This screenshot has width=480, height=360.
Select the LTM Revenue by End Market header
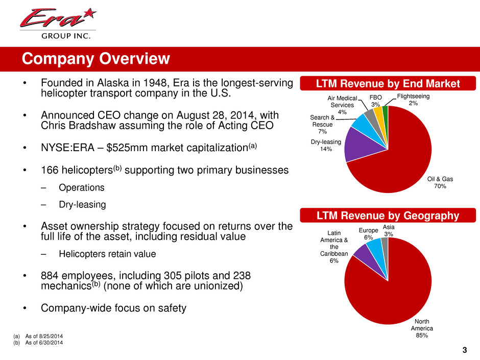pos(388,83)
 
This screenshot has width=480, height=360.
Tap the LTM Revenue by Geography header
pos(388,216)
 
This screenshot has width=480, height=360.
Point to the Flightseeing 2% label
pos(413,100)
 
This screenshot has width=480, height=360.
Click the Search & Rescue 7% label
pos(322,125)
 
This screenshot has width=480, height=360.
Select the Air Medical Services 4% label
pos(343,105)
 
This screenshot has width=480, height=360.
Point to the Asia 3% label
pos(389,230)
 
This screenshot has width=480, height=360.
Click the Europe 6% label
pos(368,234)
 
